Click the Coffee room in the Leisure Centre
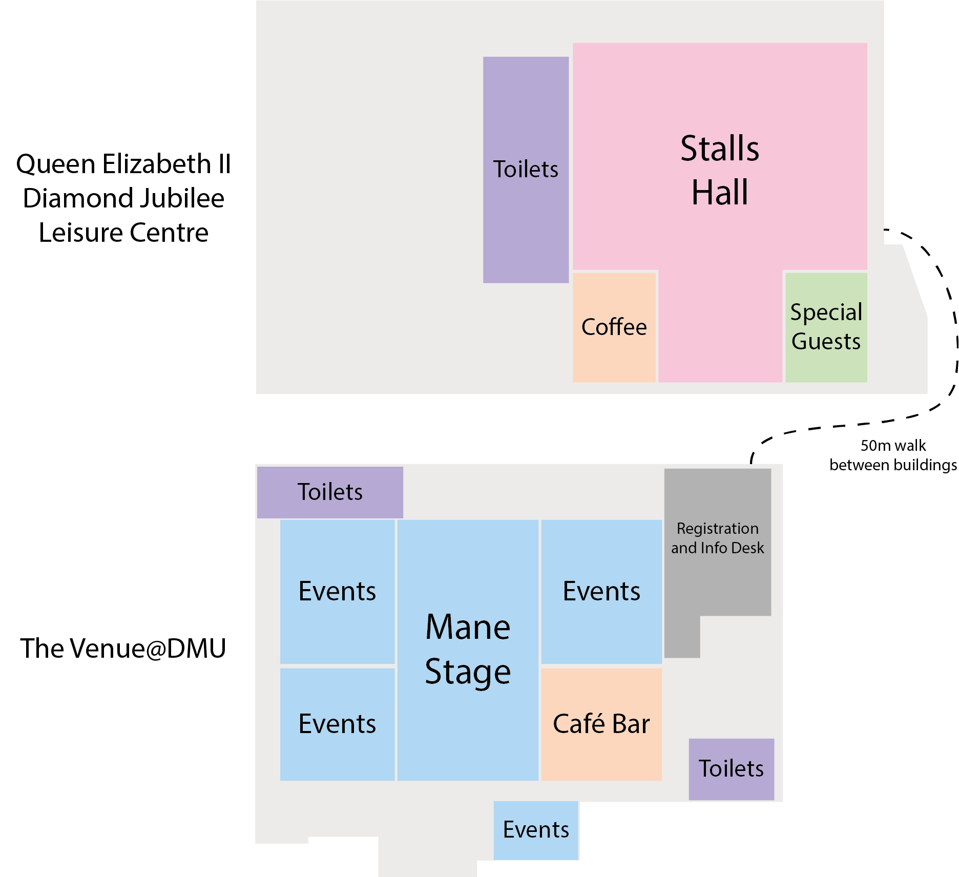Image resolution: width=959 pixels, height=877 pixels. (614, 327)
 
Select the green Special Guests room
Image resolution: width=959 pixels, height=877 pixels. (826, 327)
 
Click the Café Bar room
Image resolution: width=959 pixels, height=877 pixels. (601, 724)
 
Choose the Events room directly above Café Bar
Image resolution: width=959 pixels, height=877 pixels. (601, 591)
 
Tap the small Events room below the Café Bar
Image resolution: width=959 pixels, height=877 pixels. (536, 830)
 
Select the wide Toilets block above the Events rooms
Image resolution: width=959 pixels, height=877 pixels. (330, 492)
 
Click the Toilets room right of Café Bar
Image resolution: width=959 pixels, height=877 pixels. (731, 768)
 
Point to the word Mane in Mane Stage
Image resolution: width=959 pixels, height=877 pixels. (468, 627)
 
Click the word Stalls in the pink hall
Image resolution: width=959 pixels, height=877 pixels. (719, 149)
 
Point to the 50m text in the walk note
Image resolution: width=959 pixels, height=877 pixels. (876, 446)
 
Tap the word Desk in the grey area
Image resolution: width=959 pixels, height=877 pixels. (748, 548)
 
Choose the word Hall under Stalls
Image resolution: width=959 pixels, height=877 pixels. (719, 193)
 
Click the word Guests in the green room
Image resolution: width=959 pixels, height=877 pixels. (826, 342)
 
